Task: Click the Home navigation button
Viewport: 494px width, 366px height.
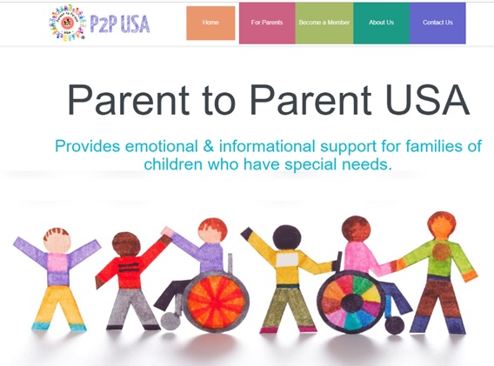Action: (210, 23)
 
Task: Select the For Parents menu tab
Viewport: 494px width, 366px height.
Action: (266, 23)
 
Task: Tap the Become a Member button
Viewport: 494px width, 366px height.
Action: (324, 23)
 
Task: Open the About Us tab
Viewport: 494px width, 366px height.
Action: (381, 23)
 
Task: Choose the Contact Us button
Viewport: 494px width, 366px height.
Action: (437, 23)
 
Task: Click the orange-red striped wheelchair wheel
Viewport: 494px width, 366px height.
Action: (214, 302)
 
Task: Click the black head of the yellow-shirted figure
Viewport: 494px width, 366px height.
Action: (286, 236)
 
